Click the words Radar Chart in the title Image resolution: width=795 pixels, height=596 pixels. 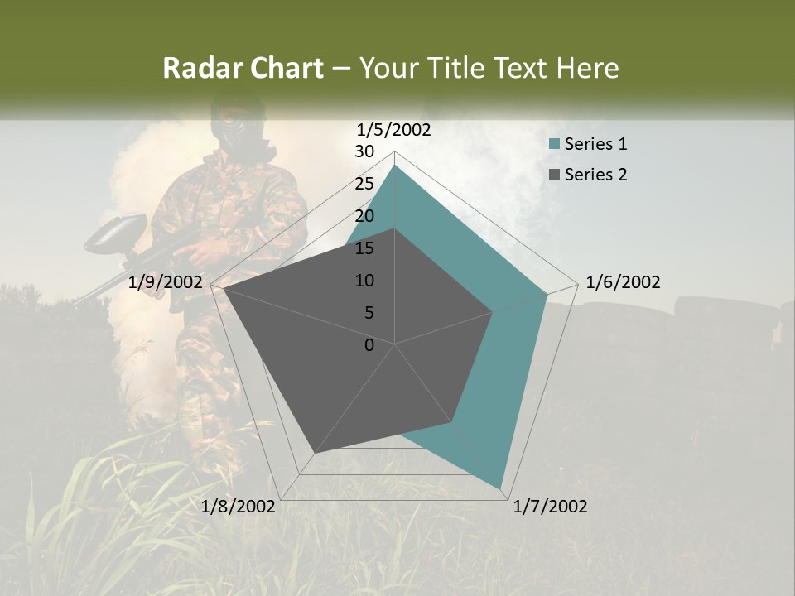pos(242,68)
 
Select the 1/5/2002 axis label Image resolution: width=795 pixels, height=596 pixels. pos(393,129)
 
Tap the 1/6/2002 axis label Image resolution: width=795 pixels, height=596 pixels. pos(623,282)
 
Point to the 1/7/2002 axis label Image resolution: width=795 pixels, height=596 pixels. pos(550,507)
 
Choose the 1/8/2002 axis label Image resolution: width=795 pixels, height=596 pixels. pos(238,507)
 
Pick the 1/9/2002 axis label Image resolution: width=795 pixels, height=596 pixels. pos(166,282)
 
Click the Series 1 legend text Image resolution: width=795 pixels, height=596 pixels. pos(595,144)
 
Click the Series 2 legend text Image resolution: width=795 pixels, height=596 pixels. pos(595,175)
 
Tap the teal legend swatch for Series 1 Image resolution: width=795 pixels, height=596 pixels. pos(555,145)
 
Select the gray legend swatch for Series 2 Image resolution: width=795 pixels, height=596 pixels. pos(555,175)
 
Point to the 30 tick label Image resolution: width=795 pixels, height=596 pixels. pos(364,151)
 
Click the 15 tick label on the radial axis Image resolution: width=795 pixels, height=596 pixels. pos(364,248)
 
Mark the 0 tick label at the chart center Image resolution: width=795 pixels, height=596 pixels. pos(369,345)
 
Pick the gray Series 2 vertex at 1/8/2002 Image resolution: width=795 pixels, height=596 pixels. pos(315,453)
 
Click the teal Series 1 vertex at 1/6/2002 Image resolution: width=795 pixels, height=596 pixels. pos(547,294)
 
